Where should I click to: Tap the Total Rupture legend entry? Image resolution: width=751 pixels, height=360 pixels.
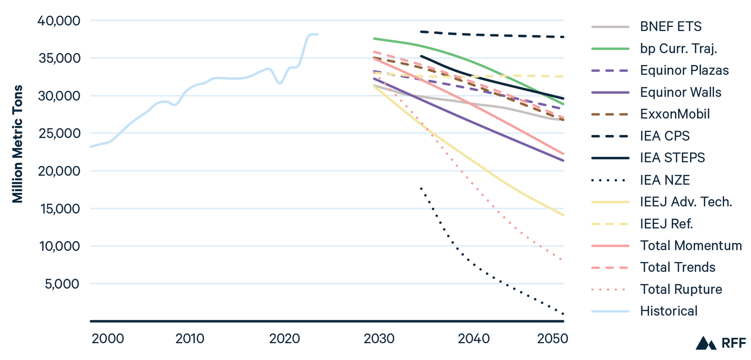(681, 289)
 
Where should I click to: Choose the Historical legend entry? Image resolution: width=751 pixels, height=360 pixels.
(669, 311)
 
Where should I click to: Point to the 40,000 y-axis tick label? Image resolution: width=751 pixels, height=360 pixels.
(59, 21)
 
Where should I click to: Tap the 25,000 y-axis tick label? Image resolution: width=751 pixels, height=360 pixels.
(59, 134)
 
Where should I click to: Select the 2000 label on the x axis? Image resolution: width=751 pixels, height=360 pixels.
(108, 339)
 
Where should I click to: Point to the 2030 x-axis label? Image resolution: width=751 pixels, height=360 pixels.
(379, 339)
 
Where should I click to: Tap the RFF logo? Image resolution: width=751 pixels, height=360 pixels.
(720, 343)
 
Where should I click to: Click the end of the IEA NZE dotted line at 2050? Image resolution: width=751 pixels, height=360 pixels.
(563, 313)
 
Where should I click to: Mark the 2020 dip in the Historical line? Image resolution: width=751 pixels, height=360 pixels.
(280, 83)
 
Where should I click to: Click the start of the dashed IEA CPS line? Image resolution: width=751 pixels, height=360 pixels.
(421, 31)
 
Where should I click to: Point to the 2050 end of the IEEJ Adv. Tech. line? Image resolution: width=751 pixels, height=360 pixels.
(563, 215)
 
